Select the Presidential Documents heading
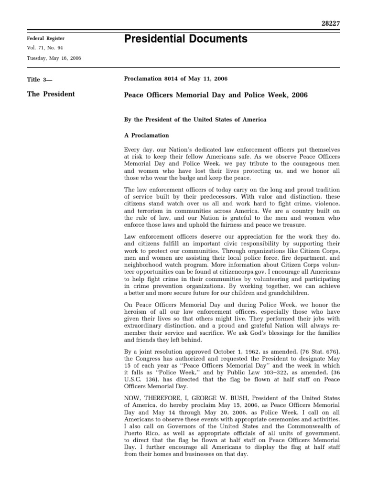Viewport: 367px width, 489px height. (185, 39)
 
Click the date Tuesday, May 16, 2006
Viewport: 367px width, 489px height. (54, 58)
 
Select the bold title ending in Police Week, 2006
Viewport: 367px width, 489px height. (216, 95)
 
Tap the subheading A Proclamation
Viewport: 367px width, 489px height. (146, 135)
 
